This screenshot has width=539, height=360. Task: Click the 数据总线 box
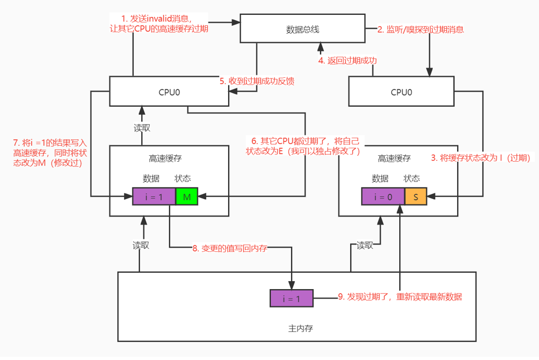(302, 29)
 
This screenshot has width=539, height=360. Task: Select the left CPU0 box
(169, 91)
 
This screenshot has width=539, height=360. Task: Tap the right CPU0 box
(401, 92)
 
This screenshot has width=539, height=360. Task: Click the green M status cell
(187, 197)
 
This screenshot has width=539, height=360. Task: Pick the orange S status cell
(416, 197)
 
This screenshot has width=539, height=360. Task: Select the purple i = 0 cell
(383, 197)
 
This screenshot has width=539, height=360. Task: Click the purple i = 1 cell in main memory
(292, 299)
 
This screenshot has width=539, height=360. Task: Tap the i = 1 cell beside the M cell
(154, 197)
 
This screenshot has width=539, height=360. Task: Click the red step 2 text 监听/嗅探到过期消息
(420, 29)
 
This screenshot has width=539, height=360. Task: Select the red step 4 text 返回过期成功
(348, 61)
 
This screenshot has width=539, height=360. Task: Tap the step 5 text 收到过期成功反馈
(257, 81)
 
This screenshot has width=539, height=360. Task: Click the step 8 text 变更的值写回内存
(230, 248)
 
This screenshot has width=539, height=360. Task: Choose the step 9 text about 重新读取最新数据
(400, 297)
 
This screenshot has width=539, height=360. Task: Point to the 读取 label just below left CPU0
(142, 127)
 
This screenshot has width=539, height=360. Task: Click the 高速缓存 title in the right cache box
(394, 159)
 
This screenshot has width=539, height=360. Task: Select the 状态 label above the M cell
(182, 179)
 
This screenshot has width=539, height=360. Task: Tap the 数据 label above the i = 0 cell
(380, 179)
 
